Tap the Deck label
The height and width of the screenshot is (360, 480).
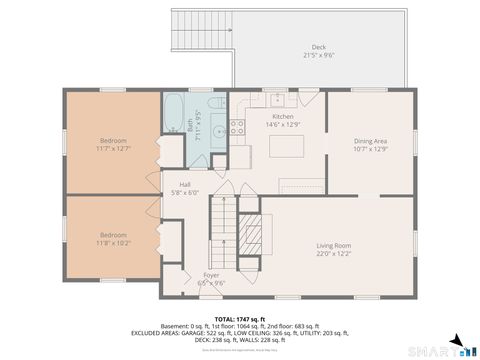318,47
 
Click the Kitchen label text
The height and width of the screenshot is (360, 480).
284,116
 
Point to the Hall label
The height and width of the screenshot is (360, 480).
185,185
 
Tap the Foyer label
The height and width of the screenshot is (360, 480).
211,274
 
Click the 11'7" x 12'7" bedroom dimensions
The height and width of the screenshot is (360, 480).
114,148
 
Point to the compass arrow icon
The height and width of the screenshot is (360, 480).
455,342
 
